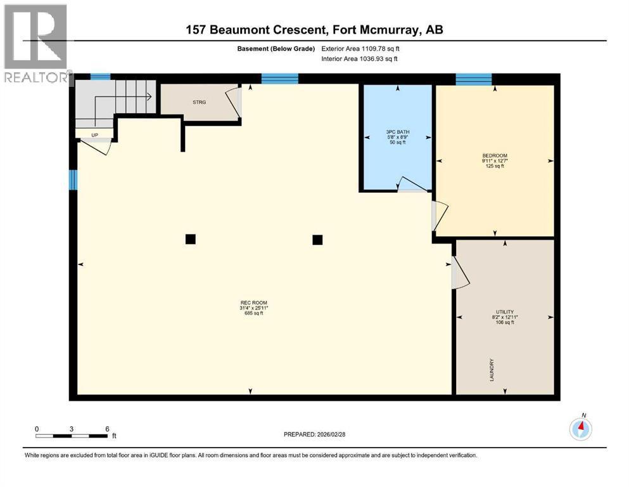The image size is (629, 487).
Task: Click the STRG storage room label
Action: (200, 102)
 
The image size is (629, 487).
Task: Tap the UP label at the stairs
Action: (94, 135)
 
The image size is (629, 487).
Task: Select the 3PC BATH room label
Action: (398, 132)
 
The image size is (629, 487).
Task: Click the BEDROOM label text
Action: (495, 156)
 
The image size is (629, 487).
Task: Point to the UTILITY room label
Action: (505, 312)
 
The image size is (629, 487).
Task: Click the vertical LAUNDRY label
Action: (492, 370)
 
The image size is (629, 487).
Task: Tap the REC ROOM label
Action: (254, 302)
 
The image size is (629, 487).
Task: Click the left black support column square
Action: (191, 239)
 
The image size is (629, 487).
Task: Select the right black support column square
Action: (317, 240)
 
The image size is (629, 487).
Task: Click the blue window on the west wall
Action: (73, 180)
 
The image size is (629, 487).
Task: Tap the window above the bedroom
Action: (474, 79)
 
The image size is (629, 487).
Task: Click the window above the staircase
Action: (100, 77)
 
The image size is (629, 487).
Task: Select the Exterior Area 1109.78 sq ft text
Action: (360, 49)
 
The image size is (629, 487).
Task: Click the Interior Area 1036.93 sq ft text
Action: (359, 58)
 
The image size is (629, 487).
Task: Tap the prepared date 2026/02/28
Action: (314, 434)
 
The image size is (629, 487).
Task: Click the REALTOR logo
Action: (36, 43)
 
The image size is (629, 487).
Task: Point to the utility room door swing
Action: (460, 273)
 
